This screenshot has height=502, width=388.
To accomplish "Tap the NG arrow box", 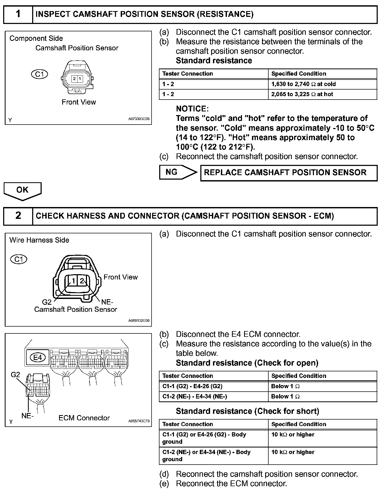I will pyautogui.click(x=177, y=172).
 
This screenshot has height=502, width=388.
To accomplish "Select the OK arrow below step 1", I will pyautogui.click(x=22, y=190).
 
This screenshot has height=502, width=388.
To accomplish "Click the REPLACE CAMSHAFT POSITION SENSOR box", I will pyautogui.click(x=289, y=173).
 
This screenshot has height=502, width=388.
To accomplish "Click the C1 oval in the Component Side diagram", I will pyautogui.click(x=39, y=74).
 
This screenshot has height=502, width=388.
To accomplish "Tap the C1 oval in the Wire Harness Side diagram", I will pyautogui.click(x=19, y=259).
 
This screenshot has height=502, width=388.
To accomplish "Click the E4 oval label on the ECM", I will pyautogui.click(x=38, y=357).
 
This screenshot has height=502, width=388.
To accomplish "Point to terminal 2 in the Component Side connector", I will pyautogui.click(x=75, y=78).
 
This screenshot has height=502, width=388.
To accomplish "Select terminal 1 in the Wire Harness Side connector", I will pyautogui.click(x=74, y=281).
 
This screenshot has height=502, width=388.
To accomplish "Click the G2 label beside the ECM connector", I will pyautogui.click(x=16, y=375).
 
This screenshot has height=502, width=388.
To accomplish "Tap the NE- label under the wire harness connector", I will pyautogui.click(x=107, y=302).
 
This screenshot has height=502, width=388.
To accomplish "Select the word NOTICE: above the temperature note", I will pyautogui.click(x=192, y=109).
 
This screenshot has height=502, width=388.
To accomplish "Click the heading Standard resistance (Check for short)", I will pyautogui.click(x=247, y=411).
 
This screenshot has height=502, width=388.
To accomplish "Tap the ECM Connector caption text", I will pyautogui.click(x=84, y=418).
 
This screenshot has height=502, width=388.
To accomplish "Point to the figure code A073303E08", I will pyautogui.click(x=139, y=119).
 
